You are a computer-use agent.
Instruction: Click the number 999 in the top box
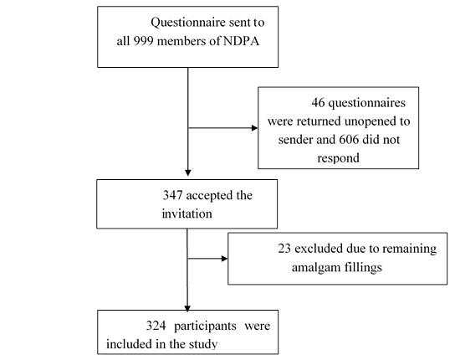[x=143, y=41]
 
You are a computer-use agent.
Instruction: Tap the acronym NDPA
[x=241, y=41]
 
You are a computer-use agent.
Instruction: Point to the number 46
[x=318, y=103]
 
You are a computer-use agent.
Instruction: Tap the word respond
[x=338, y=158]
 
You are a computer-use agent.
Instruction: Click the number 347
[x=172, y=195]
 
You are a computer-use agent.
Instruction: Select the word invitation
[x=187, y=213]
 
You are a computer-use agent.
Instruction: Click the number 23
[x=284, y=249]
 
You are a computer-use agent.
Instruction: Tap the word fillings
[x=363, y=267]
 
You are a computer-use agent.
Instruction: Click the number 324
[x=156, y=326]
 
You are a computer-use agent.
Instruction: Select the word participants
[x=205, y=327]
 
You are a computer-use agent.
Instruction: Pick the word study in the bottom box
[x=203, y=345]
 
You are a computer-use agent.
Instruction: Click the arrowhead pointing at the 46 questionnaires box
[x=254, y=128]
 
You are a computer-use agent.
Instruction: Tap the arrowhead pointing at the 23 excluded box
[x=224, y=259]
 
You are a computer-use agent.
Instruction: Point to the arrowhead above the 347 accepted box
[x=187, y=172]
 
